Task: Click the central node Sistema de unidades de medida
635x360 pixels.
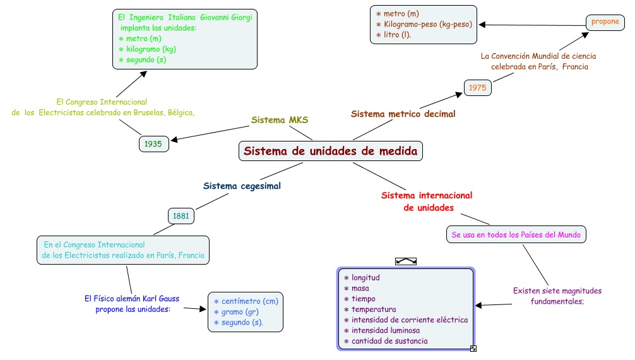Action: click(331, 151)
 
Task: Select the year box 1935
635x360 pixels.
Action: click(154, 144)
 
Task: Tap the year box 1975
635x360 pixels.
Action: click(477, 88)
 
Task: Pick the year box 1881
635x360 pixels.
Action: click(181, 216)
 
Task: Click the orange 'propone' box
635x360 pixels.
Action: click(605, 22)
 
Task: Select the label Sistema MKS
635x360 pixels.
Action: click(280, 120)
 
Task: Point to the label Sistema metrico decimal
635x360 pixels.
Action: click(403, 114)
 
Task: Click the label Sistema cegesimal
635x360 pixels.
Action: click(242, 186)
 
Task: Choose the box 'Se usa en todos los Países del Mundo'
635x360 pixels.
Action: click(516, 235)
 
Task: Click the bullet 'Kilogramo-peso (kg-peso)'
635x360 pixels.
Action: click(424, 25)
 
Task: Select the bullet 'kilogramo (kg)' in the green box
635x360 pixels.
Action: click(148, 49)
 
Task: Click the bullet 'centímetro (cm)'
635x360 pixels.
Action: click(246, 301)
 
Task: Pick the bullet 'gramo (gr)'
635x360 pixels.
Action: click(236, 312)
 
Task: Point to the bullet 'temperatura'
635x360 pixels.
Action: click(370, 309)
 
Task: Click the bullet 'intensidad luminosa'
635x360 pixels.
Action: click(381, 330)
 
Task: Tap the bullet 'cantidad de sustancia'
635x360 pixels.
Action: click(386, 341)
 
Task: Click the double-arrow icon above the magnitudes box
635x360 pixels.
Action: click(406, 261)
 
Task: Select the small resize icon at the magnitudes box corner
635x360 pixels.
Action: click(473, 349)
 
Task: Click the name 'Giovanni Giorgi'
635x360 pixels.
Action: click(226, 18)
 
